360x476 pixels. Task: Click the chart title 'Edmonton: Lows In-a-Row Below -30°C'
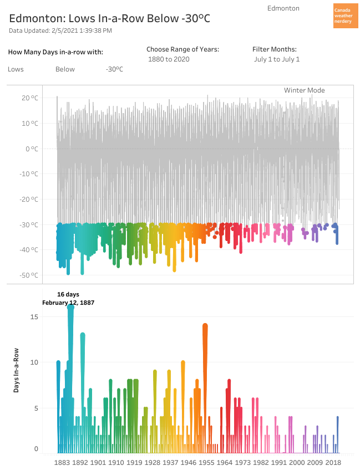click(x=110, y=18)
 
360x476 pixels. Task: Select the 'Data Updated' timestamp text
click(x=60, y=30)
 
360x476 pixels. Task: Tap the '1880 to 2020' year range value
click(x=169, y=59)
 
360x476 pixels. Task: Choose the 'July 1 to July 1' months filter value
click(x=277, y=59)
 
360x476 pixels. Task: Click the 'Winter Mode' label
click(x=304, y=90)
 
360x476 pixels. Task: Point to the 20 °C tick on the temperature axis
click(x=30, y=98)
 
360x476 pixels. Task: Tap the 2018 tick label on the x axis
click(x=333, y=462)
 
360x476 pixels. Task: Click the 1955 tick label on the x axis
click(x=206, y=462)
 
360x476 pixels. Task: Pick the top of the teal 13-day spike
click(x=83, y=335)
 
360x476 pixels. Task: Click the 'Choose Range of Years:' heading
click(x=182, y=49)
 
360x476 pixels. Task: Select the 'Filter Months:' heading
click(x=275, y=49)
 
